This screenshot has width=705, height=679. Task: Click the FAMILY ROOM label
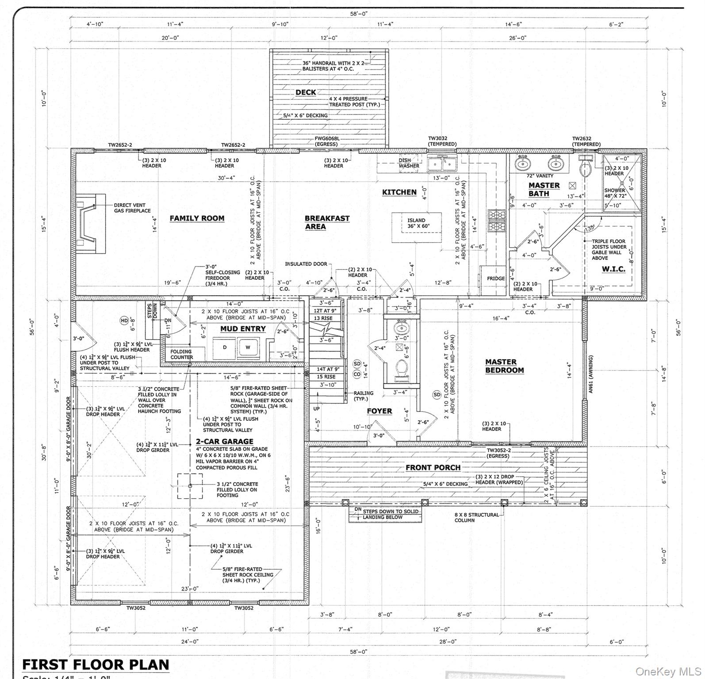click(x=197, y=218)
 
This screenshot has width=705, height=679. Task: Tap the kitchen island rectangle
click(x=417, y=227)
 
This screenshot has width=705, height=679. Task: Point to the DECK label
click(x=306, y=92)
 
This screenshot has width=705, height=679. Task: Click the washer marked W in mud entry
click(x=248, y=347)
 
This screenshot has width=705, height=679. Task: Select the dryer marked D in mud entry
click(x=225, y=347)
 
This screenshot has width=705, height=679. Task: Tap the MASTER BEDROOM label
click(x=504, y=366)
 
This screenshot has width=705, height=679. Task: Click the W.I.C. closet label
click(x=613, y=269)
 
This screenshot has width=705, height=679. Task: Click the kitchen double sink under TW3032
click(x=442, y=164)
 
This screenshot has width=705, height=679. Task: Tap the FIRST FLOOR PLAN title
click(x=96, y=664)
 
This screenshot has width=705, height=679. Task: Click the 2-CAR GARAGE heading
click(x=224, y=441)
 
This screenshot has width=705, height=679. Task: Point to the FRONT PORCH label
click(x=433, y=467)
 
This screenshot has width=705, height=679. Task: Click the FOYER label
click(x=379, y=411)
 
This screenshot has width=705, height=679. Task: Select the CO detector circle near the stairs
click(x=357, y=374)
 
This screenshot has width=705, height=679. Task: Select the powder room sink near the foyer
click(x=402, y=328)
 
